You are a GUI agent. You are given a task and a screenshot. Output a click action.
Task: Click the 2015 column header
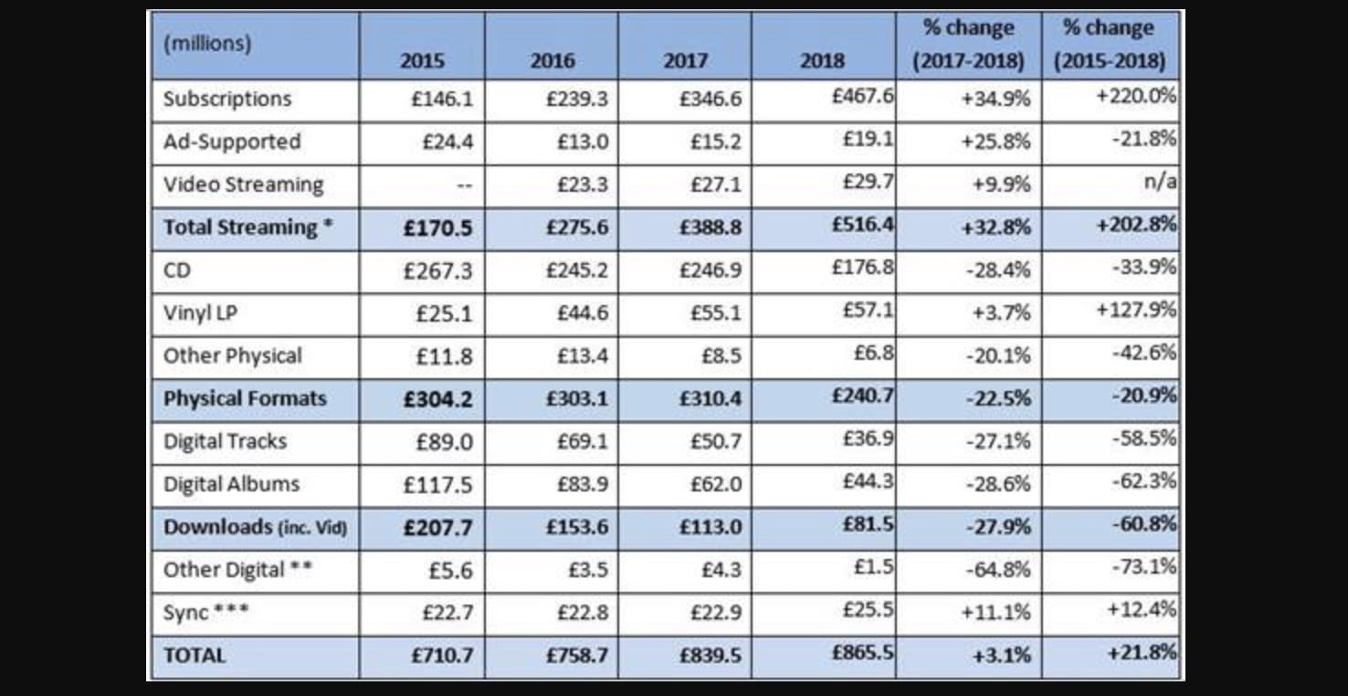(x=422, y=61)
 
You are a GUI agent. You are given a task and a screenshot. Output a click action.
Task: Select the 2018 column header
(x=822, y=61)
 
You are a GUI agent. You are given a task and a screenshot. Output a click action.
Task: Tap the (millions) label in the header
(x=207, y=43)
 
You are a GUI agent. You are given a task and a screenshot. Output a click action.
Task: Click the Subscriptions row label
(x=226, y=99)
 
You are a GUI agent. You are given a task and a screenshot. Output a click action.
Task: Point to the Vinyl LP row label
(x=200, y=313)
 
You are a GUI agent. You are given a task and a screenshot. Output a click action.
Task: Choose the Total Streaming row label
(x=247, y=227)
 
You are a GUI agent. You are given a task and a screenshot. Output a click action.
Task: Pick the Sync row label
(x=205, y=612)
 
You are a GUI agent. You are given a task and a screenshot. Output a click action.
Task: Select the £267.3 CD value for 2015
(x=438, y=270)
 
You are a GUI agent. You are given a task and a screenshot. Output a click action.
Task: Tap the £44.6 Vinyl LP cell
(x=582, y=313)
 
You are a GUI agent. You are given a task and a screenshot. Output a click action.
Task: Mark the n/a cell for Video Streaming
(x=1160, y=182)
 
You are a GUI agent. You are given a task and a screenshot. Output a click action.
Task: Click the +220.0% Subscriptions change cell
(x=1136, y=95)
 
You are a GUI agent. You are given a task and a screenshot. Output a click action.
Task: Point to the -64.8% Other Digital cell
(x=997, y=570)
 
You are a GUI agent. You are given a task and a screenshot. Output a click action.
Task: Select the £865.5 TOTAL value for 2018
(x=862, y=652)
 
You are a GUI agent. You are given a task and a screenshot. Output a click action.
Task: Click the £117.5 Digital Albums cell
(x=438, y=484)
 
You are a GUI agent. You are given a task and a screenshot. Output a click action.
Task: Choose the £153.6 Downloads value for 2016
(x=576, y=527)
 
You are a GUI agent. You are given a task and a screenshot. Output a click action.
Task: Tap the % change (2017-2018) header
(x=968, y=44)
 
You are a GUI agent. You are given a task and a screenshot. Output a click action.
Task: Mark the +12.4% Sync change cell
(x=1142, y=608)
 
